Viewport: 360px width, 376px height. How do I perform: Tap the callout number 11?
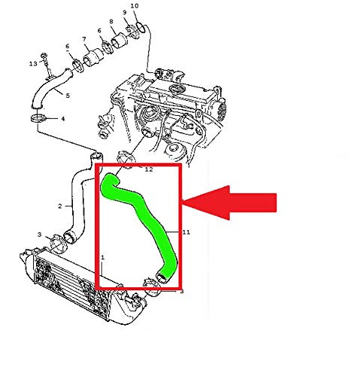click(186, 233)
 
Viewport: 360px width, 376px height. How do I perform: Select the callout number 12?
click(148, 170)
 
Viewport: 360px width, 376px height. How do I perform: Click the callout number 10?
click(135, 7)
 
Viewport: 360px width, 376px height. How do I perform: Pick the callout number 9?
click(126, 14)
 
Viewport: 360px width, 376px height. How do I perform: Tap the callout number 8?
click(111, 22)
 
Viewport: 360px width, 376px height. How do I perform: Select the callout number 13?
click(33, 64)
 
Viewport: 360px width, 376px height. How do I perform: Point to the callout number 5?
click(68, 96)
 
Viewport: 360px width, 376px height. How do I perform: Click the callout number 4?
click(62, 119)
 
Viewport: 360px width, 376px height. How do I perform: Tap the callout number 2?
click(59, 205)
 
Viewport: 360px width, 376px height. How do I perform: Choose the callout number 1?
click(103, 257)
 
